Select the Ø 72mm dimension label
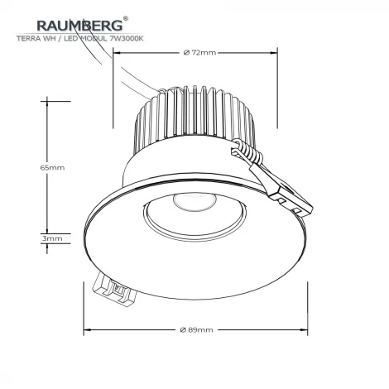199,53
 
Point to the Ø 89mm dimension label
196,329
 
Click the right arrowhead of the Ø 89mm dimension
306,329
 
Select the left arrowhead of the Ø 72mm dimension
116,53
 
